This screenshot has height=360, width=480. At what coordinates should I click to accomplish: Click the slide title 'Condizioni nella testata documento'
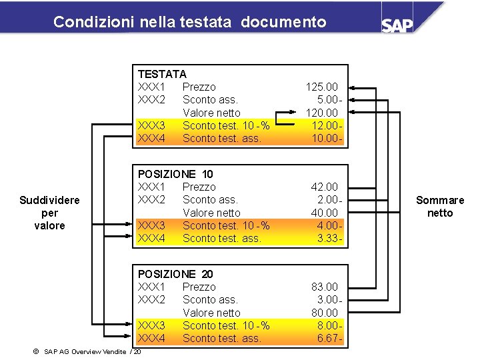(189, 22)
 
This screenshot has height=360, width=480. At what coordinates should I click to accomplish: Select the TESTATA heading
(162, 74)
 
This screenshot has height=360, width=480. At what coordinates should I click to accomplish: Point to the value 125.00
(322, 87)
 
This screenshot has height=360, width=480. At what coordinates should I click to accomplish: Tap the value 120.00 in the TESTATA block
(322, 113)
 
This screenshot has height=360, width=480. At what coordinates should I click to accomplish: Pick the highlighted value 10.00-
(327, 139)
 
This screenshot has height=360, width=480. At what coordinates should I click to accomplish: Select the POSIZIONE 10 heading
(175, 174)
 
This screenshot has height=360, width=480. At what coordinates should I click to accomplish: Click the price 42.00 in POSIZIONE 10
(325, 187)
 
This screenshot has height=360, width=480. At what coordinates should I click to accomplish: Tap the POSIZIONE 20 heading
(175, 274)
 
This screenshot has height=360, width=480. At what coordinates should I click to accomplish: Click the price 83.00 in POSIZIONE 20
(325, 287)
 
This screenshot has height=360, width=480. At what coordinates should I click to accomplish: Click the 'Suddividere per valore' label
(49, 213)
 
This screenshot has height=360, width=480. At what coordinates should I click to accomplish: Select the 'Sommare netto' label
(440, 207)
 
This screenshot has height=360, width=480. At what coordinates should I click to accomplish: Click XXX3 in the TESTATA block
(151, 125)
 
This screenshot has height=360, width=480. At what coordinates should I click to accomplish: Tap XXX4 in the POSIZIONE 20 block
(151, 339)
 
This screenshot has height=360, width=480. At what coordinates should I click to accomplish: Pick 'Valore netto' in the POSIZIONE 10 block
(211, 213)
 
